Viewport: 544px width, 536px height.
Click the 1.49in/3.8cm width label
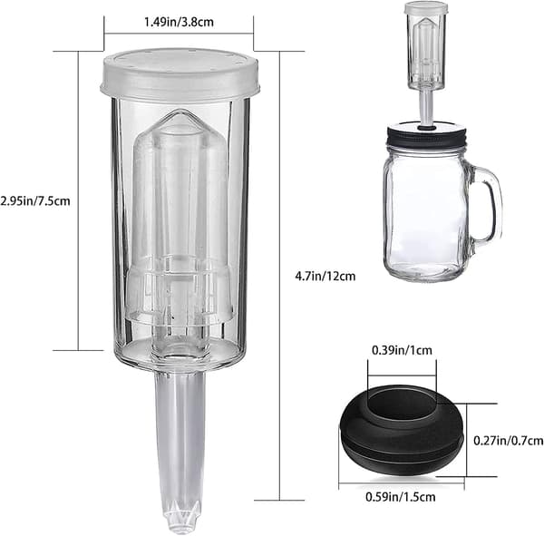click(179, 22)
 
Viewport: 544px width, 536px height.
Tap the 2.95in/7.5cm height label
click(35, 201)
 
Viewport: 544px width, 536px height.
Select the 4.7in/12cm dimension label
click(325, 277)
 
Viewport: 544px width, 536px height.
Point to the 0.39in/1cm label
click(402, 350)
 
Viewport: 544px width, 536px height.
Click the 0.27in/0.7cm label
click(509, 441)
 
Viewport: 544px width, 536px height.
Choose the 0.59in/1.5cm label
click(401, 497)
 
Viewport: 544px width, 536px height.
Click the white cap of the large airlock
click(180, 74)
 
